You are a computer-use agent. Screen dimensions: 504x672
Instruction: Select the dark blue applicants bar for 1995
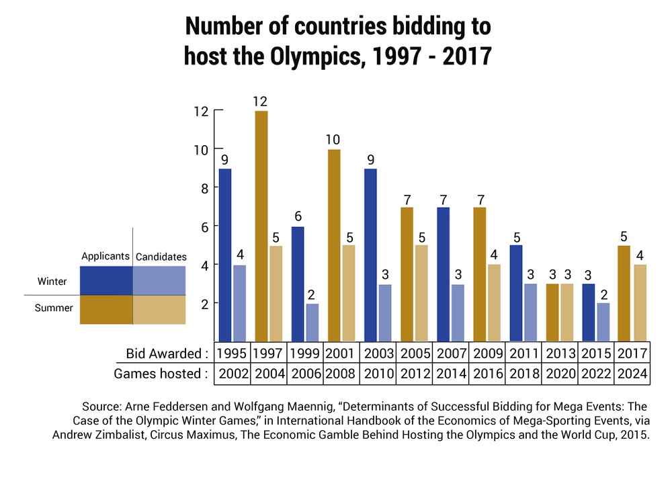tap(225, 255)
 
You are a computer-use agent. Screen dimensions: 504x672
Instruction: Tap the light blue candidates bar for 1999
tap(312, 323)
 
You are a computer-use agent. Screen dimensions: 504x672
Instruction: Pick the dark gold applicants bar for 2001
tap(334, 245)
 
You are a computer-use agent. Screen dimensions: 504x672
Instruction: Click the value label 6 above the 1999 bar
tap(298, 217)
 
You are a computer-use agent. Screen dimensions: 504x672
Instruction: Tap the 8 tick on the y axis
tap(202, 187)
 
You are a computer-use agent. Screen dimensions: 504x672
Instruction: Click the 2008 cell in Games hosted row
tap(341, 374)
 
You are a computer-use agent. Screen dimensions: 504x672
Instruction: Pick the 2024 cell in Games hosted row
tap(632, 374)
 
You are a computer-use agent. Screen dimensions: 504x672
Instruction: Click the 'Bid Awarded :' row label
tap(167, 353)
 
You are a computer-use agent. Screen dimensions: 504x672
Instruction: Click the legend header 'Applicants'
tap(105, 257)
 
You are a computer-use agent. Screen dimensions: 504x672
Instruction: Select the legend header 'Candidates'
tap(161, 257)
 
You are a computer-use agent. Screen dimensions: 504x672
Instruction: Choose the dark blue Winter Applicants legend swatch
tap(106, 281)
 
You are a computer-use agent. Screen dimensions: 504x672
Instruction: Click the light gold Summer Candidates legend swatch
tap(159, 310)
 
